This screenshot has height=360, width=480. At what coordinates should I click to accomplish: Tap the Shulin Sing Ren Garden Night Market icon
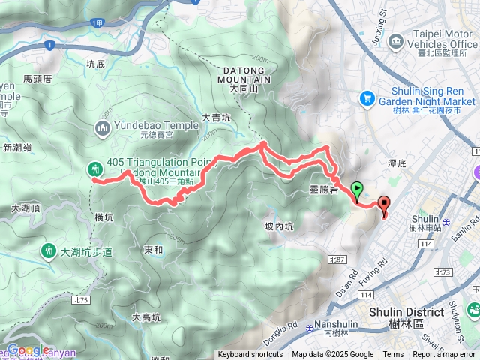[x=367, y=97]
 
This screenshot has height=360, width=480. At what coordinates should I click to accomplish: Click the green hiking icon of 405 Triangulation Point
[x=95, y=168]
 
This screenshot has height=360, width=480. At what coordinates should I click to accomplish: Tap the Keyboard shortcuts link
[x=251, y=355]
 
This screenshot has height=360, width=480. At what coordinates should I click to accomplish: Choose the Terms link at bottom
[x=393, y=355]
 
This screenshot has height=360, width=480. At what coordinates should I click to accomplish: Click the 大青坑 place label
[x=217, y=118]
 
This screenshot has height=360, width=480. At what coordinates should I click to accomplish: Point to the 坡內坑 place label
[x=279, y=226]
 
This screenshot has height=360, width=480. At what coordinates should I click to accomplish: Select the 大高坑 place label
[x=146, y=317]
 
